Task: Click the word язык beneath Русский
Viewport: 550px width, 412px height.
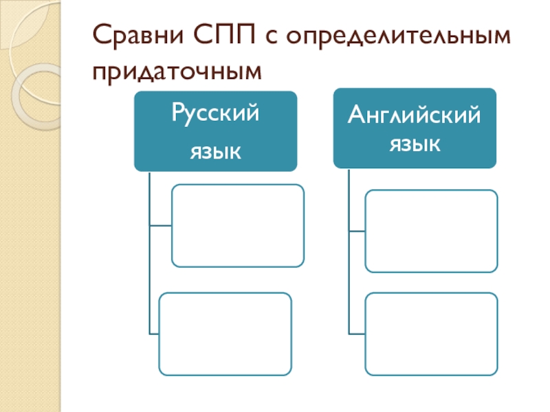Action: click(215, 150)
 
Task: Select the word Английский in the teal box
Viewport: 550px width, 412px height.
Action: click(414, 115)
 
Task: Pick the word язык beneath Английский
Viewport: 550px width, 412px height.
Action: click(414, 144)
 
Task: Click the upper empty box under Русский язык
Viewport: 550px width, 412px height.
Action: click(237, 225)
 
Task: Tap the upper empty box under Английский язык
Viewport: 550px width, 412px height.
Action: click(431, 231)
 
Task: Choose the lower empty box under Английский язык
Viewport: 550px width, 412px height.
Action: click(431, 334)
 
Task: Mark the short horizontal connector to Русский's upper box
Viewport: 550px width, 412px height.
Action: click(159, 225)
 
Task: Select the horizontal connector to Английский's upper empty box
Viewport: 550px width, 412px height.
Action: click(356, 231)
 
